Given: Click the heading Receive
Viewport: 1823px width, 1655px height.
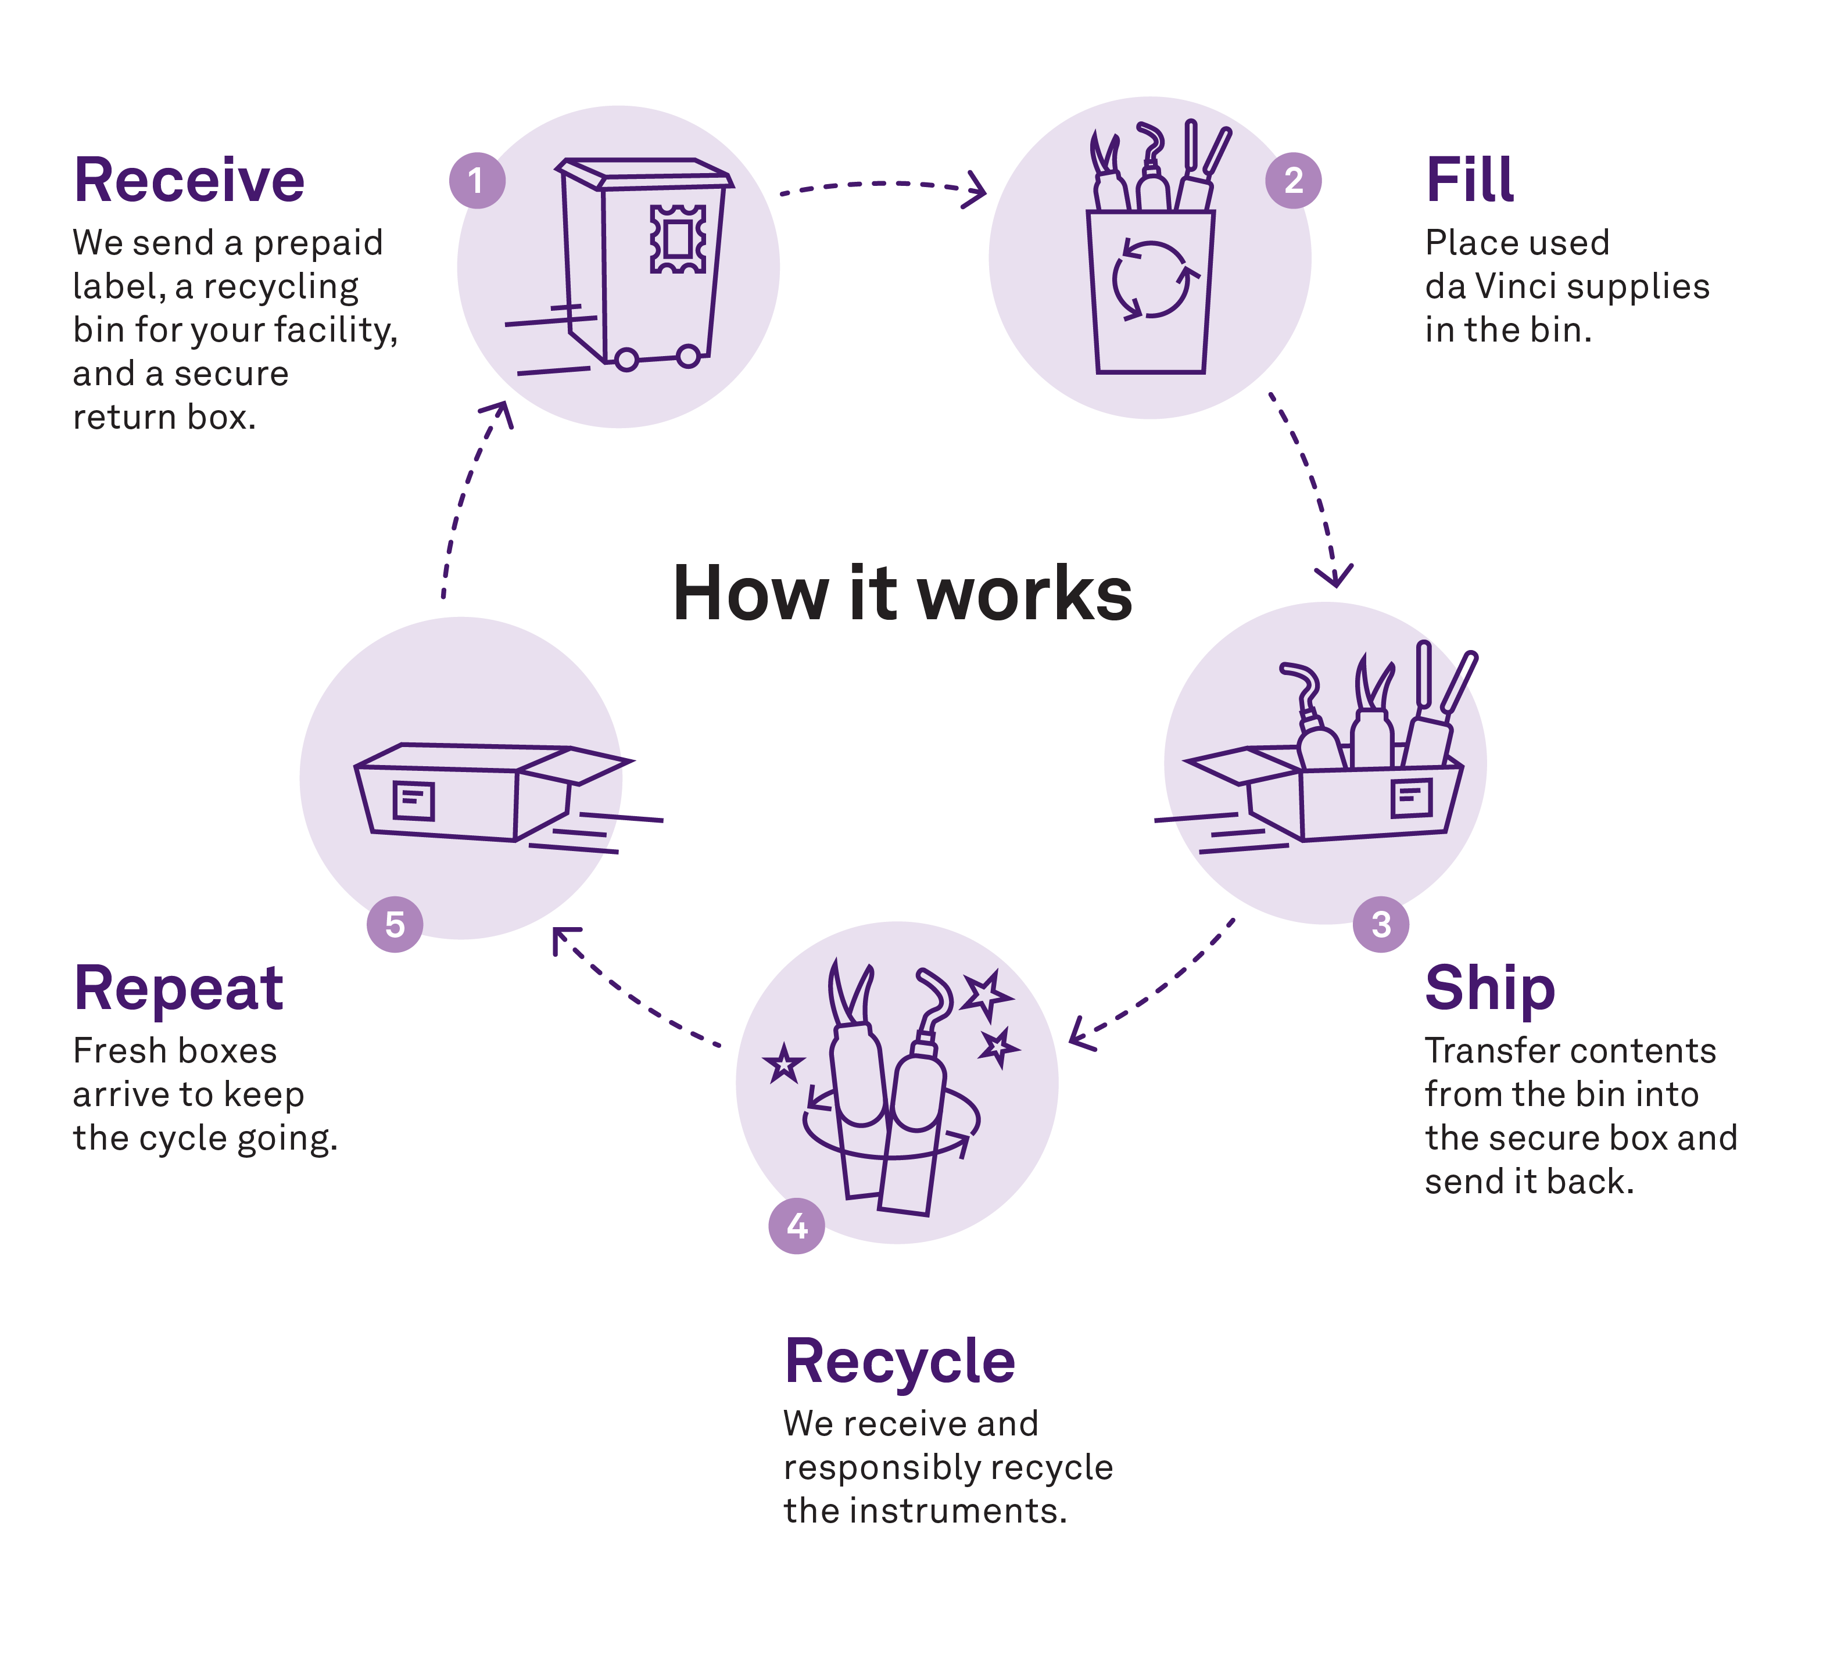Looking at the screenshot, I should click(189, 180).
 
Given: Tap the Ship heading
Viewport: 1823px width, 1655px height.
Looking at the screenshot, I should click(1489, 989).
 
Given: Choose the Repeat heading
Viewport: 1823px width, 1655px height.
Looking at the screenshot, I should click(178, 988).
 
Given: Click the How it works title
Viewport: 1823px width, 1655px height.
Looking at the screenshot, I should click(902, 594).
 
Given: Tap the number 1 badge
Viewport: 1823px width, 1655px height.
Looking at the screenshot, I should click(477, 181).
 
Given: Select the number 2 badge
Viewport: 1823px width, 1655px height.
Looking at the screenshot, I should click(1293, 181).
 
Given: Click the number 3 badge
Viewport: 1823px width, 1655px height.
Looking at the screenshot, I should click(1380, 924).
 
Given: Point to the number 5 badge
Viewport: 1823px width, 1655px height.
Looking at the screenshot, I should click(394, 924).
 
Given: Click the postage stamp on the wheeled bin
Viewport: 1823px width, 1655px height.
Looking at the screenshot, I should click(677, 239).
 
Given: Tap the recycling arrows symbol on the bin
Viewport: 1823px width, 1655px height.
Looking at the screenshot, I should click(1150, 279).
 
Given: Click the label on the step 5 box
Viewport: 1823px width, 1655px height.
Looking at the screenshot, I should click(413, 800).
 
